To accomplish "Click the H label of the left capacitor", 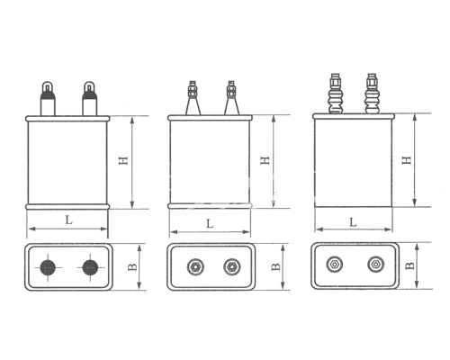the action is [x=123, y=160].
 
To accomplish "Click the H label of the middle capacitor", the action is [x=265, y=160].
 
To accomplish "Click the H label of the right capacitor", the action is [x=407, y=160].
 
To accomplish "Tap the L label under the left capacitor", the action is [x=69, y=220].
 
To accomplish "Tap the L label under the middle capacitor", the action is [x=210, y=223].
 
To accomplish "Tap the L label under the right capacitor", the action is [x=354, y=222].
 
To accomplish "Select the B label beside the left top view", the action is [x=132, y=267].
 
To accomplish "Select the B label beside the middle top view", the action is [x=275, y=266].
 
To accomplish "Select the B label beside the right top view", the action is [x=409, y=265].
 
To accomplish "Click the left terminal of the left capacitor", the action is [x=48, y=98].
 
